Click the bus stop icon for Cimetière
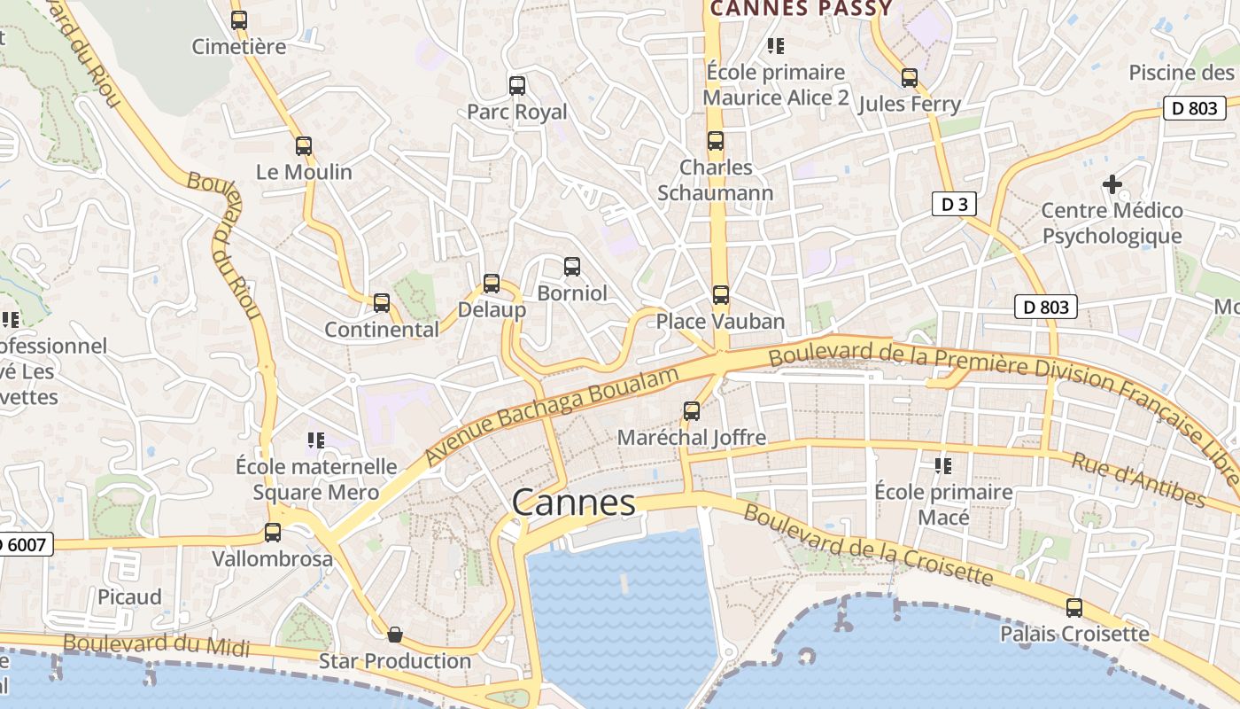tap(239, 20)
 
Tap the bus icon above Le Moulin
tap(304, 146)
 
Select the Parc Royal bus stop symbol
tap(517, 86)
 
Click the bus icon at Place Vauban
tap(721, 295)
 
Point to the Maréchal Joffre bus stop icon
tap(692, 411)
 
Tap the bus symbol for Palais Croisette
tap(1074, 608)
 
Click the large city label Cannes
tap(574, 503)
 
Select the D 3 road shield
tap(954, 205)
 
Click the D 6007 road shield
tap(25, 543)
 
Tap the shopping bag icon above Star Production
tap(395, 635)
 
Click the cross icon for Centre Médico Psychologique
tap(1112, 184)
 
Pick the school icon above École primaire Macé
tap(943, 465)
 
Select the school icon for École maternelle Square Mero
tap(316, 440)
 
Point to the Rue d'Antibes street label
tap(1138, 479)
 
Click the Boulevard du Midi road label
tap(156, 646)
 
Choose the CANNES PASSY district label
tap(802, 9)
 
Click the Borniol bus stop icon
tap(572, 267)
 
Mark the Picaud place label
tap(129, 596)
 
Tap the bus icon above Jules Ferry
tap(910, 78)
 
